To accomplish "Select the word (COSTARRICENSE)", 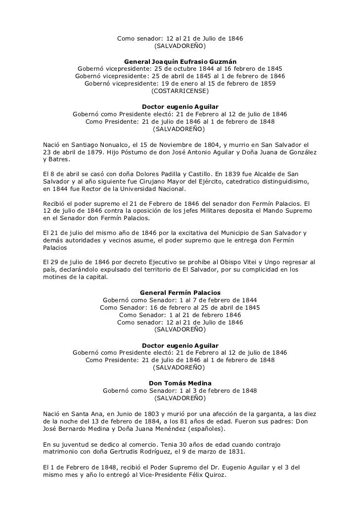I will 180,92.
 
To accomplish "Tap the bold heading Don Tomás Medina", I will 180,383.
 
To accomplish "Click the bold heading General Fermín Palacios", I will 180,292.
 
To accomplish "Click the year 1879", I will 97,152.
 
